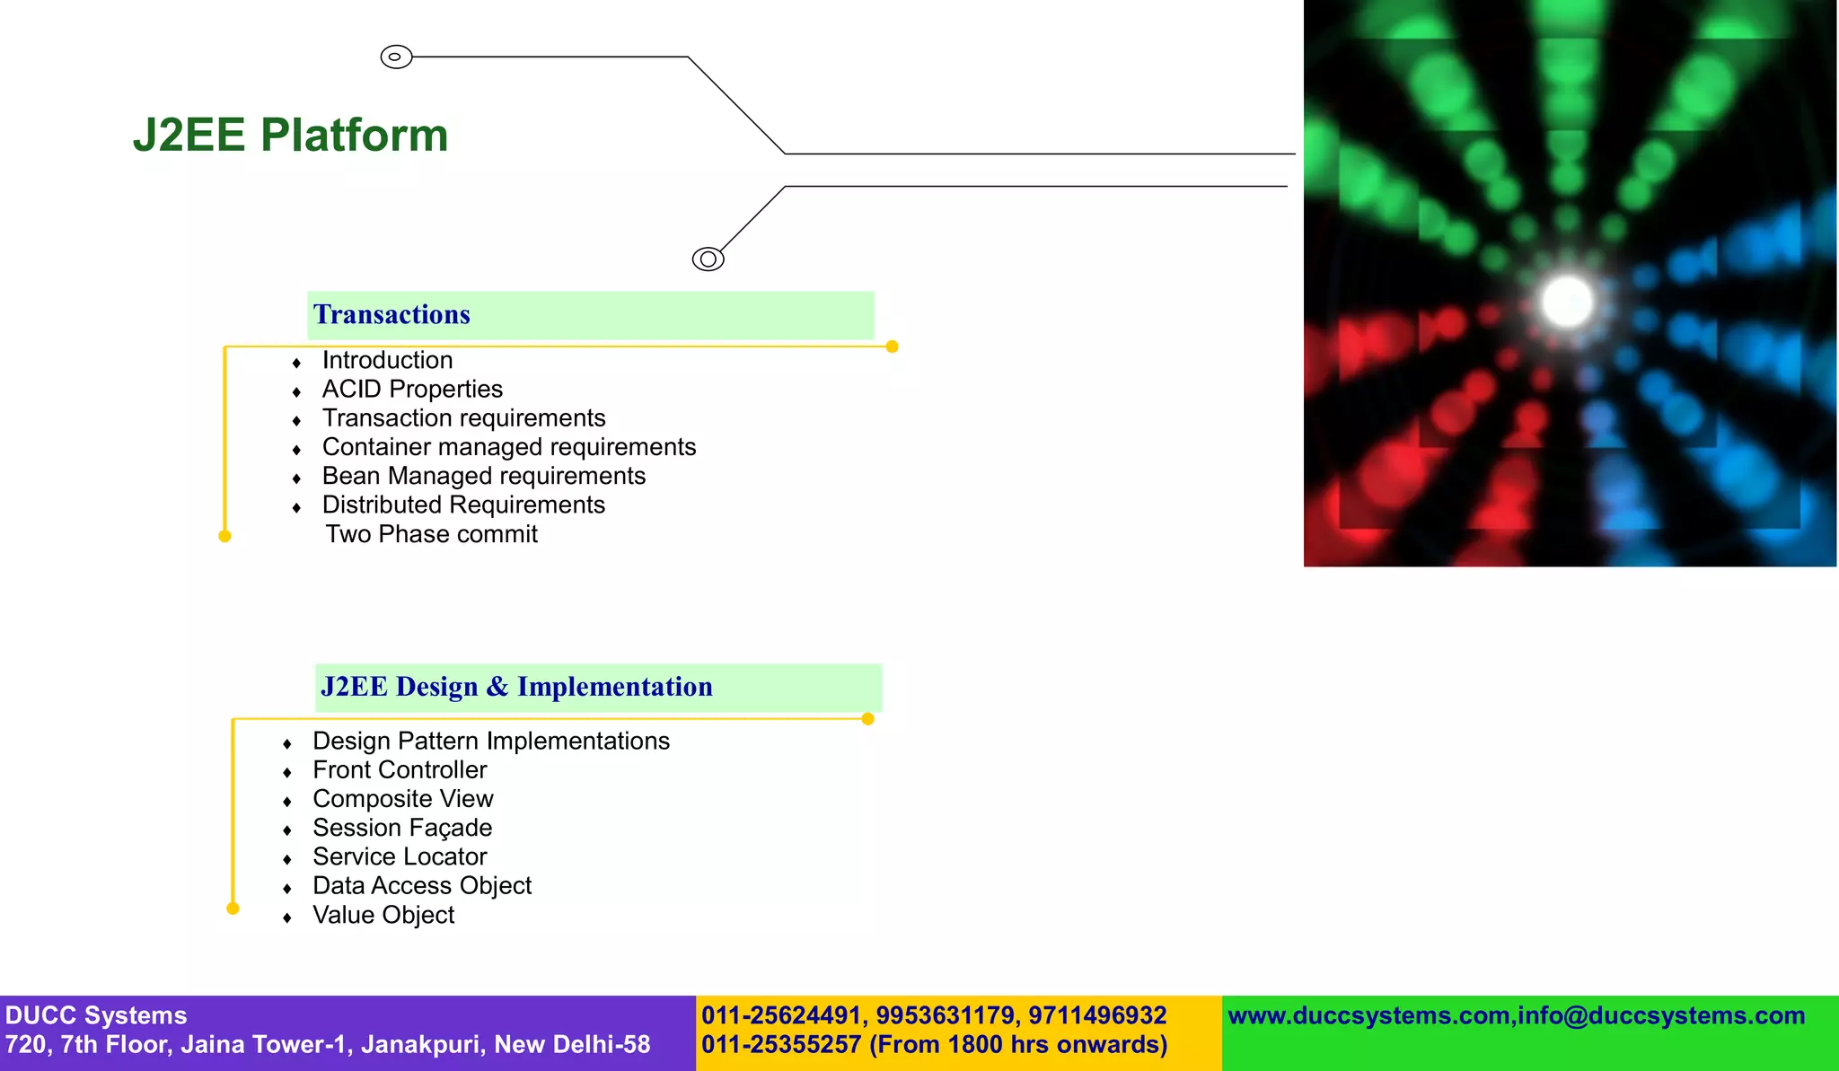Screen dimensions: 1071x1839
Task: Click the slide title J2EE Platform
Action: tap(290, 136)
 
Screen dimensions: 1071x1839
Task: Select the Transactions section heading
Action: tap(392, 315)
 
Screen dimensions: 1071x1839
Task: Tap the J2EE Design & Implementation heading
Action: tap(516, 687)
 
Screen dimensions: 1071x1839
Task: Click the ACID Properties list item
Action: tap(412, 390)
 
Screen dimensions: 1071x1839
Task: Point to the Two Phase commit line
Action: tap(431, 534)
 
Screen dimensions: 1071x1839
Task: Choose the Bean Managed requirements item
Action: tap(484, 476)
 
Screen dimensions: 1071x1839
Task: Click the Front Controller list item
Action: tap(400, 770)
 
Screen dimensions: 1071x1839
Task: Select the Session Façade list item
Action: tap(402, 828)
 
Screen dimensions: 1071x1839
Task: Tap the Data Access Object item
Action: tap(422, 886)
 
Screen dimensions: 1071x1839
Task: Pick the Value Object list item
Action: tap(383, 915)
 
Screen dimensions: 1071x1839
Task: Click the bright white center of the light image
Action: tap(1567, 301)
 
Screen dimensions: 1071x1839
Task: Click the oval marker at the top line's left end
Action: tap(396, 57)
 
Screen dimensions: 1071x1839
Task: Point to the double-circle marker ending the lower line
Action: tap(708, 259)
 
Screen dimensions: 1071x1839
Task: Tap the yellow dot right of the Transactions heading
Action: tap(892, 347)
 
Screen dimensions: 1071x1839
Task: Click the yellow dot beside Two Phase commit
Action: tap(224, 536)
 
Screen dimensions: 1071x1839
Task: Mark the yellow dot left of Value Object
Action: tap(233, 909)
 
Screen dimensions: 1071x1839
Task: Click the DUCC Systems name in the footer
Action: tap(96, 1015)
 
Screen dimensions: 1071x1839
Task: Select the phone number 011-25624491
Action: tap(780, 1015)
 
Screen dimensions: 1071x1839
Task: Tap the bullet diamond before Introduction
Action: tap(296, 363)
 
